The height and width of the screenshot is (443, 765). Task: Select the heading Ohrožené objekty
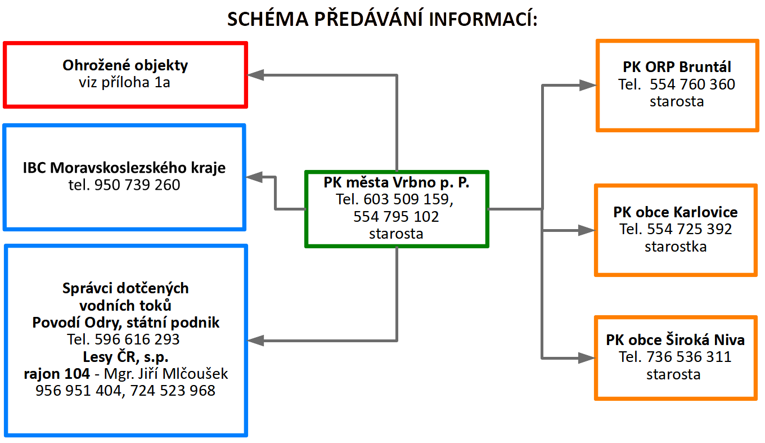tap(125, 65)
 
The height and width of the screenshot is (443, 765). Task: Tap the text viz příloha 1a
tap(124, 82)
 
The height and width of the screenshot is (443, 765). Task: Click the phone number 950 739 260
tap(137, 185)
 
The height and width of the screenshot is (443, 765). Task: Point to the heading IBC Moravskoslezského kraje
tap(124, 168)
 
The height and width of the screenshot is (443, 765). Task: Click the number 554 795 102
tap(396, 217)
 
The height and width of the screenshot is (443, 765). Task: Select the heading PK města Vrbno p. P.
tap(397, 182)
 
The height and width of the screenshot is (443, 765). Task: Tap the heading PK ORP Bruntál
tap(677, 67)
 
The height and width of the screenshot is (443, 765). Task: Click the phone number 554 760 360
tap(692, 84)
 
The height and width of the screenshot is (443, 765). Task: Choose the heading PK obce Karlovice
tap(676, 212)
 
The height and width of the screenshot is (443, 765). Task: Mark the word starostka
tap(676, 247)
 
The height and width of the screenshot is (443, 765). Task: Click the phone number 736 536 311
tap(689, 357)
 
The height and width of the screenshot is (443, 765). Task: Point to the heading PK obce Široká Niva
tap(675, 340)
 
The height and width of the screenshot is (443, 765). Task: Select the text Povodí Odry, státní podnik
tap(125, 323)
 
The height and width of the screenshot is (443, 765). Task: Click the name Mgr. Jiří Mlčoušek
tap(166, 374)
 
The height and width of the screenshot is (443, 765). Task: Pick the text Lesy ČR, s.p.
tap(125, 357)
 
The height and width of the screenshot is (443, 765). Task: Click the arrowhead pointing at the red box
tap(255, 75)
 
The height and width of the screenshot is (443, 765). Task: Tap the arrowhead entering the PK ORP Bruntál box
tap(588, 85)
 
